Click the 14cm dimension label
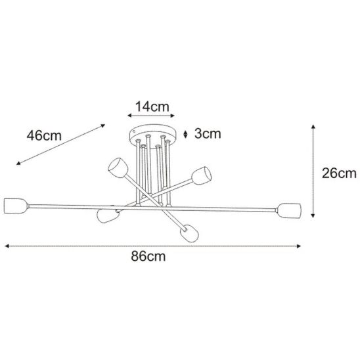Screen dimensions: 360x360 coord(152,107)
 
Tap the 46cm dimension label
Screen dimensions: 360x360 coord(44,135)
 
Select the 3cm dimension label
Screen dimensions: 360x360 coord(208,133)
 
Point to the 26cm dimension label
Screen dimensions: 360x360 coord(339,173)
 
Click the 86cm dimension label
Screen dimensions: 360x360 coord(148,256)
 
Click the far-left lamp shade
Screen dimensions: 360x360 coord(16,206)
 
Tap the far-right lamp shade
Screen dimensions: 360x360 coord(289,210)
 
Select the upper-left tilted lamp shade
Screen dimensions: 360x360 coord(118,168)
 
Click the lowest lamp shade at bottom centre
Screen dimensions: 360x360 coord(189,233)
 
